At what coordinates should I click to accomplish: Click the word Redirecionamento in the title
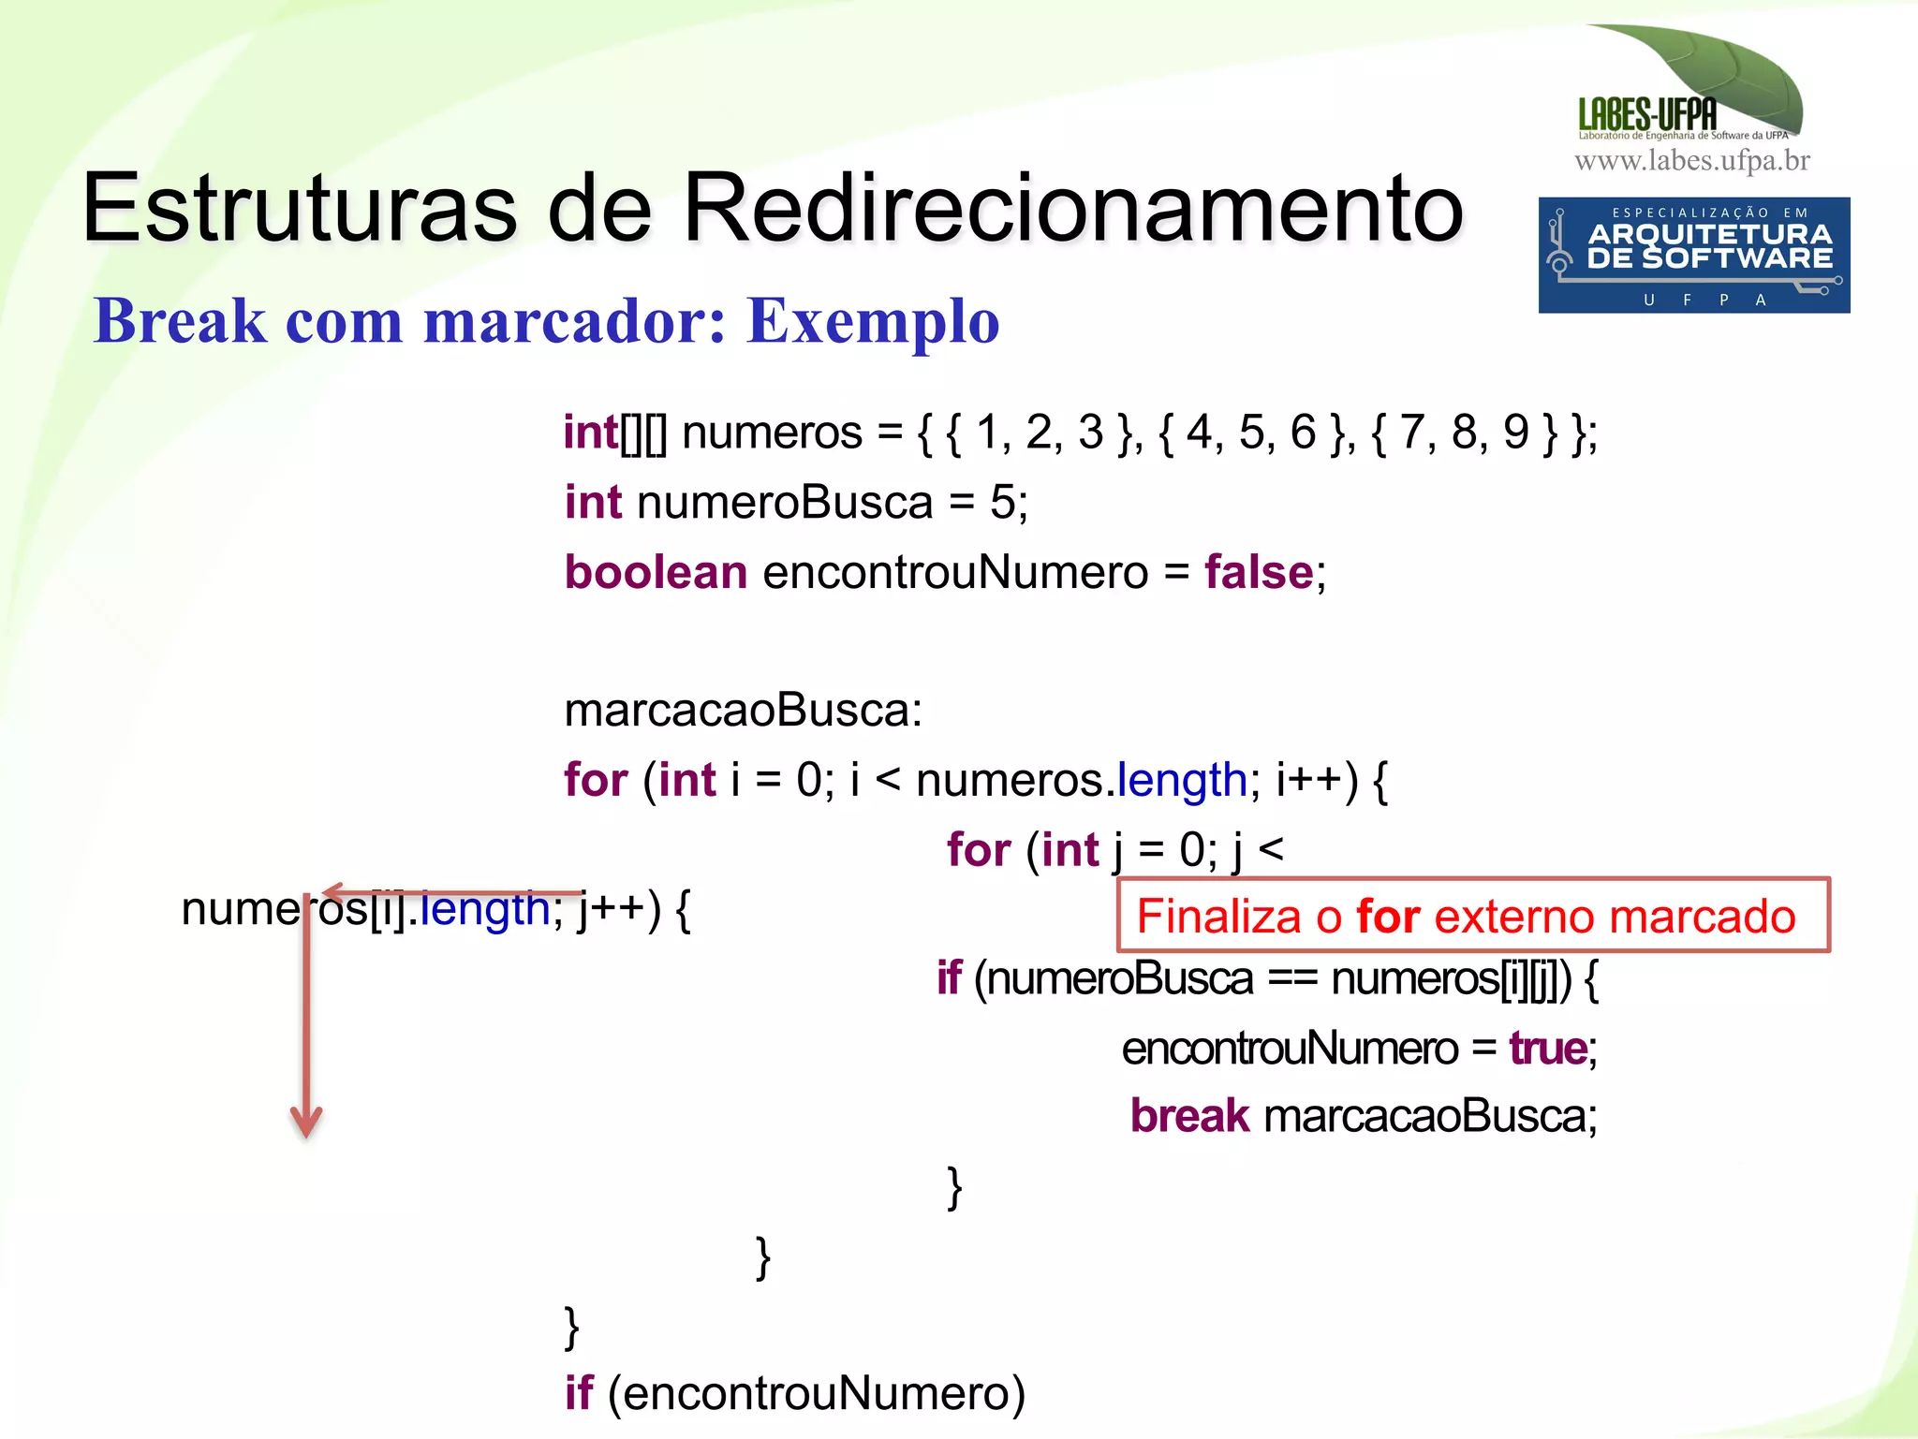pyautogui.click(x=1072, y=208)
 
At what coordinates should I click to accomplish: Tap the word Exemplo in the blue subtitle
pyautogui.click(x=873, y=321)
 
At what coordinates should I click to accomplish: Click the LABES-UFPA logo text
pyautogui.click(x=1647, y=114)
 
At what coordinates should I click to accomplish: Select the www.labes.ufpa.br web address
pyautogui.click(x=1691, y=161)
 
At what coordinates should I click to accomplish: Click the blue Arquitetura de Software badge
pyautogui.click(x=1693, y=255)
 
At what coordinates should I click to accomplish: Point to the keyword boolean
pyautogui.click(x=656, y=572)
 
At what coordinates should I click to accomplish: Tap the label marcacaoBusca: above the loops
pyautogui.click(x=743, y=710)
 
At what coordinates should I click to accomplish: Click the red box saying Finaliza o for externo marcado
pyautogui.click(x=1472, y=915)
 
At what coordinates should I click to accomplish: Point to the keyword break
pyautogui.click(x=1189, y=1116)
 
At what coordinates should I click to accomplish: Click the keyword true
pyautogui.click(x=1547, y=1048)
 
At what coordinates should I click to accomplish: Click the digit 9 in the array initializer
pyautogui.click(x=1516, y=433)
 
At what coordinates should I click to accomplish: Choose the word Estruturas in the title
pyautogui.click(x=300, y=208)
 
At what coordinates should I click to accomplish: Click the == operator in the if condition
pyautogui.click(x=1291, y=979)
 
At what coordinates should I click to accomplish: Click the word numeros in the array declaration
pyautogui.click(x=772, y=433)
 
